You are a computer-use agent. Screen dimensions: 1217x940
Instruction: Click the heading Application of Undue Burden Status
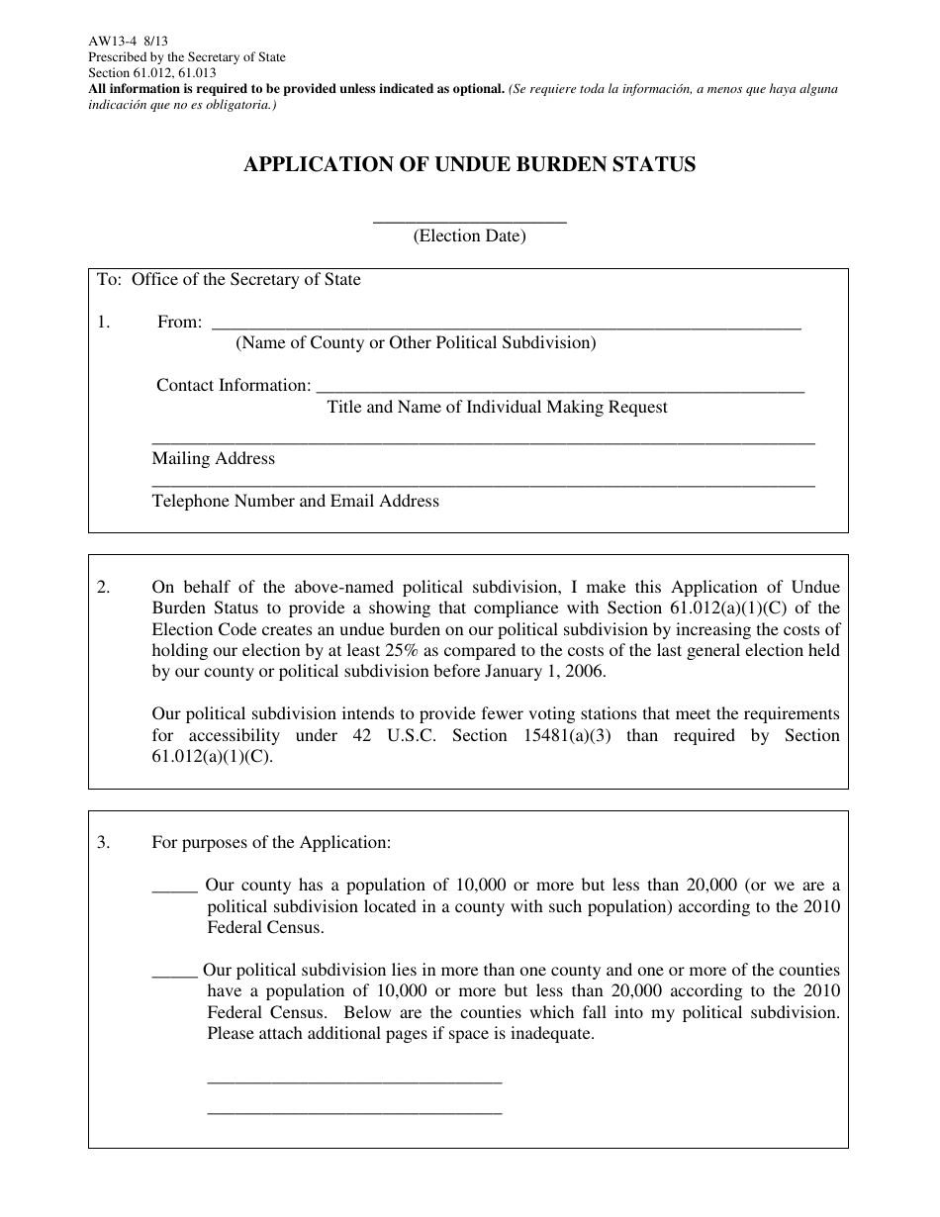pos(469,165)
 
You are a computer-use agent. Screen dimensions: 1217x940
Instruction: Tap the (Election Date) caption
pos(469,236)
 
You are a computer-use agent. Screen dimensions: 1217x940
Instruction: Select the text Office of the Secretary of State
pos(245,280)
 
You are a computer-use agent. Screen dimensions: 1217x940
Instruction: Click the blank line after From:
pos(506,325)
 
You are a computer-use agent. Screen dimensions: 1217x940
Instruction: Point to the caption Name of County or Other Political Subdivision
pos(416,343)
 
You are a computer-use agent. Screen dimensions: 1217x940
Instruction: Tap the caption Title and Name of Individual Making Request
pos(497,407)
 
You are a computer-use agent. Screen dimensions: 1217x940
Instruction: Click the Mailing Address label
pos(214,459)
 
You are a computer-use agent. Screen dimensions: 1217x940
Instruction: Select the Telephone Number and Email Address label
pos(295,502)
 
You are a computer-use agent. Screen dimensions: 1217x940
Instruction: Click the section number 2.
pos(104,587)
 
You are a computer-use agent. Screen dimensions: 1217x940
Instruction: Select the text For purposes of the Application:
pos(271,843)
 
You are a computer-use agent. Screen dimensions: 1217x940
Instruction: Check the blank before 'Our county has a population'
pos(174,888)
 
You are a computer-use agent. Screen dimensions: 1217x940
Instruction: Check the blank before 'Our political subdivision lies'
pos(174,973)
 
